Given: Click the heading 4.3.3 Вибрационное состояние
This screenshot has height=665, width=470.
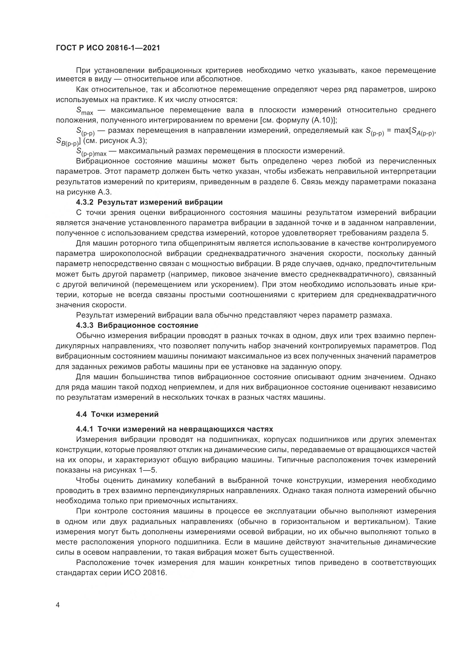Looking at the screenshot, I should tap(137, 325).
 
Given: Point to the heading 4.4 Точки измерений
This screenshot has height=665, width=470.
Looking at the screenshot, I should tap(117, 414).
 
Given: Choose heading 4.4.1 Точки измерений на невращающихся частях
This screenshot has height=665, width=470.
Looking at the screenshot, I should tap(174, 429).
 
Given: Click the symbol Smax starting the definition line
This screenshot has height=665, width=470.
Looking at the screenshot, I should tap(84, 111).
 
